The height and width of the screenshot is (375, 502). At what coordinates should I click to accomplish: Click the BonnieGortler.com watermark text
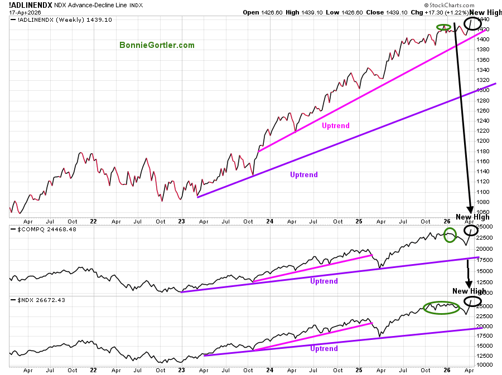click(157, 45)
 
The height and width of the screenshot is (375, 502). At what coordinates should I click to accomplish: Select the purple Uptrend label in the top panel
click(304, 174)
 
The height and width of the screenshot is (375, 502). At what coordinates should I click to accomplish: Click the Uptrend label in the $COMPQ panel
click(324, 281)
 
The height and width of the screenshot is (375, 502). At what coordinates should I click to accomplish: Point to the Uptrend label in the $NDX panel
click(324, 348)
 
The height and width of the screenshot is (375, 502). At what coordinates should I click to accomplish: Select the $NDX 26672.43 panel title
click(33, 300)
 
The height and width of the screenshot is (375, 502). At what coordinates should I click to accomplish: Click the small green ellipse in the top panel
click(443, 27)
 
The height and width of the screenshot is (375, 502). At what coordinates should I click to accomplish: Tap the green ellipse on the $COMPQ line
click(450, 235)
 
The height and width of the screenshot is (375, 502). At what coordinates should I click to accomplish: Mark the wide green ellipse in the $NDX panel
click(441, 307)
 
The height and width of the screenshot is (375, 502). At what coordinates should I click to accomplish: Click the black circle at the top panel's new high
click(472, 23)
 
